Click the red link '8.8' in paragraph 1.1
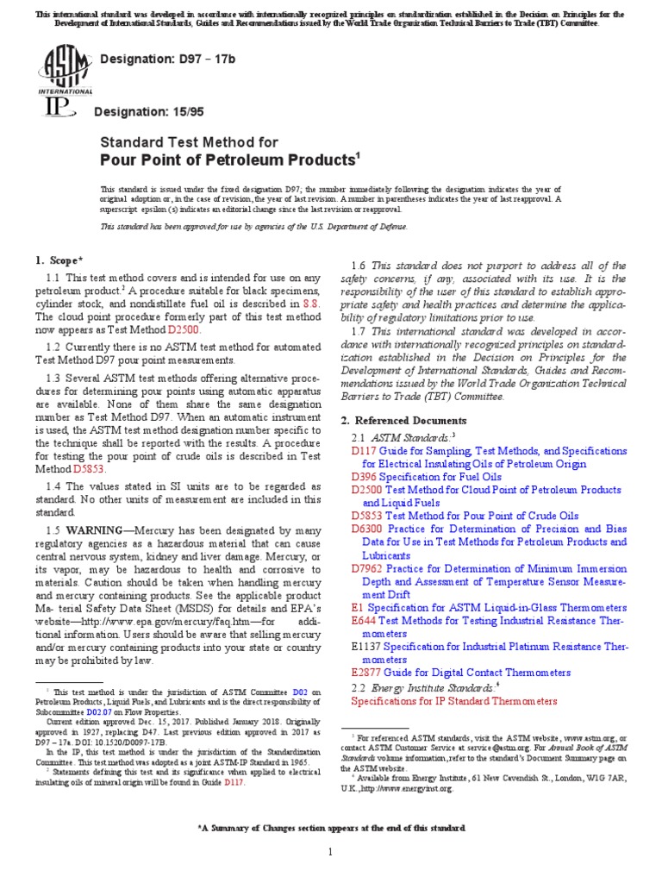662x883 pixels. coord(310,304)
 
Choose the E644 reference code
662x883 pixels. coord(364,620)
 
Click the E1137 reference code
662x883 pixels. coord(365,646)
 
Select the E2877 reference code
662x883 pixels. coord(367,672)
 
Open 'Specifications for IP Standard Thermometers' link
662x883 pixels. coord(454,701)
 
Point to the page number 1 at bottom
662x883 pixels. coord(330,853)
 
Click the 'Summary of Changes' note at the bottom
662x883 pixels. coord(331,804)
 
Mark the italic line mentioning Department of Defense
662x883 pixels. coord(253,227)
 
